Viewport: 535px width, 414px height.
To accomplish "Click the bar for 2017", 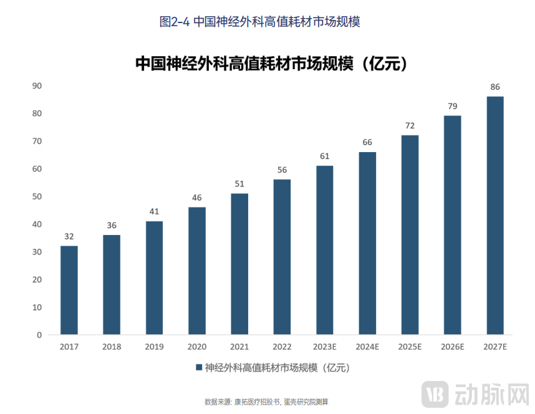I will click(69, 290).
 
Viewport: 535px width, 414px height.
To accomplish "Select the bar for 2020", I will click(197, 271).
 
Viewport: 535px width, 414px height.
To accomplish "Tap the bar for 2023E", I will click(324, 250).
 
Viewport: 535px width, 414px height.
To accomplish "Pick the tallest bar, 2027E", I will click(494, 215).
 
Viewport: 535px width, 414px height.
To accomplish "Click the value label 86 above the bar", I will click(495, 87).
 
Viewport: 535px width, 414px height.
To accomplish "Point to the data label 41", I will click(154, 211).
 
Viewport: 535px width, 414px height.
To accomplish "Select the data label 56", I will click(282, 170).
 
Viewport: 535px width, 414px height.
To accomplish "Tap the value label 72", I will click(410, 125).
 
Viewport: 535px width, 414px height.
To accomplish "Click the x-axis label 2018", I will click(112, 347).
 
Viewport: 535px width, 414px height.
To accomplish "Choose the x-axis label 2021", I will click(239, 347).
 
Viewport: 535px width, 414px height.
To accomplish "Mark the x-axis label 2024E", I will click(367, 347).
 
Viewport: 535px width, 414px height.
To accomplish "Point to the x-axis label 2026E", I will click(452, 347).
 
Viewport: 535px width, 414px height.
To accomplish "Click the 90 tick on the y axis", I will click(37, 85).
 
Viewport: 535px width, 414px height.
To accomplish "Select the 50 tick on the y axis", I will click(37, 196).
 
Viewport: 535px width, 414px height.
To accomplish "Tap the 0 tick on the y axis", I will click(39, 335).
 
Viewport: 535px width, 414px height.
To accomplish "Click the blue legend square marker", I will click(199, 368).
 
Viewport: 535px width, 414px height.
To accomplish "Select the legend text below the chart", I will click(277, 368).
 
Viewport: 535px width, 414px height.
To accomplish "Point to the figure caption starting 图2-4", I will click(260, 21).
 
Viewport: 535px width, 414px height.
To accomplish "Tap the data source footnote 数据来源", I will click(266, 402).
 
